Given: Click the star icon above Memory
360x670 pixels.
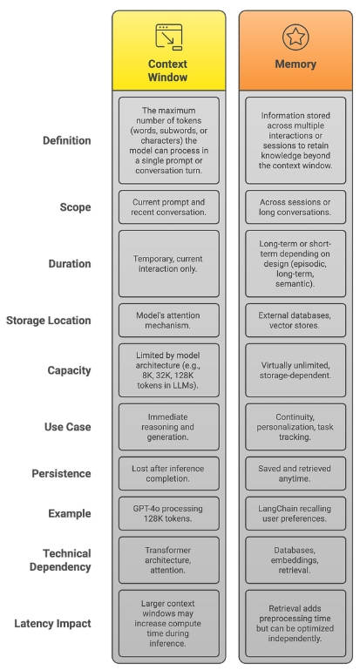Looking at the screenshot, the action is (295, 37).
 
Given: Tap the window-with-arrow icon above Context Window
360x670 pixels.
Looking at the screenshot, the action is (169, 37).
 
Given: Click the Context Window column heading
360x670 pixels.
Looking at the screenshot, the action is (167, 71).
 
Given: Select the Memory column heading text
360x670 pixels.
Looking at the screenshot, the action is (295, 64).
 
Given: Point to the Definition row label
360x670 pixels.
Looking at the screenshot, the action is (67, 140).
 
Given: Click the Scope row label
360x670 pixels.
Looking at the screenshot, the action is (75, 207).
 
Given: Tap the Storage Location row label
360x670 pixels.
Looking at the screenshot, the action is (48, 321).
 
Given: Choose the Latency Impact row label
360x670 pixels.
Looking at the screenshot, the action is (52, 624).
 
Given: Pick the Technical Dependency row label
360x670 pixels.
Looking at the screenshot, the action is (60, 560).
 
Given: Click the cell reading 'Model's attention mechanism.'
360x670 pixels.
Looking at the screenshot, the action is (169, 321).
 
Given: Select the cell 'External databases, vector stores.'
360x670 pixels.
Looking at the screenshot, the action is (295, 321).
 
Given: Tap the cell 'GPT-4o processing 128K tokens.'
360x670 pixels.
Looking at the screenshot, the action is (169, 514).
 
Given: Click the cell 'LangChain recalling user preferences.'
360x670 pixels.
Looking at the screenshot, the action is (295, 514).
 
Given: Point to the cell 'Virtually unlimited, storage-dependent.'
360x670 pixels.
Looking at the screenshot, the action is (295, 370).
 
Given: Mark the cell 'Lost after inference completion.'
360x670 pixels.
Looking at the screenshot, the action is (169, 473).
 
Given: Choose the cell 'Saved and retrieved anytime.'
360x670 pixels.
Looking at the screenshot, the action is (295, 473).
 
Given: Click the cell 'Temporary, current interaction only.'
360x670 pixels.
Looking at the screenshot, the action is (169, 264).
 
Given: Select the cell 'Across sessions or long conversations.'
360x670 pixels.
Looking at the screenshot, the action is (295, 207).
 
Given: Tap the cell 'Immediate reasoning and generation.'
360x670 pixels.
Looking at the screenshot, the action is (169, 427).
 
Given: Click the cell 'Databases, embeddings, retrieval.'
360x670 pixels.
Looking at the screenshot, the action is (295, 560).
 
